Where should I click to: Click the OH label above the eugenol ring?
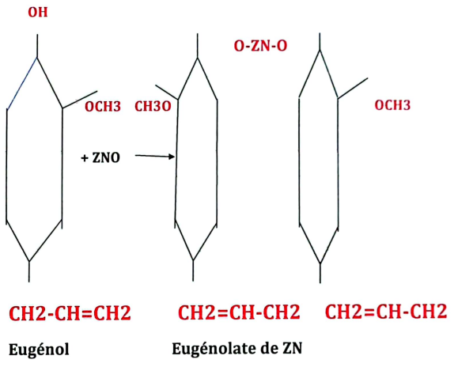(38, 13)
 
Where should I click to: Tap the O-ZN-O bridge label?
(260, 46)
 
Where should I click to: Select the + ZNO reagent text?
(100, 157)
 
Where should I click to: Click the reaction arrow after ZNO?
(155, 157)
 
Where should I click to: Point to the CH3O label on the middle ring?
(153, 107)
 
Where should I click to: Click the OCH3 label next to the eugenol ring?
(103, 107)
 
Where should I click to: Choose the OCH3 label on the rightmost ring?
(392, 105)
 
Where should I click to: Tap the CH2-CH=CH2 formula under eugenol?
(70, 313)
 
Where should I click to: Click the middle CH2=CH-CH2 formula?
(239, 312)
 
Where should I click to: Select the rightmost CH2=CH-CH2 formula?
(386, 311)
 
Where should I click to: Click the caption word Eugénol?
(39, 349)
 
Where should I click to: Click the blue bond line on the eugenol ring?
(22, 84)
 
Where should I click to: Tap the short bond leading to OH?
(37, 46)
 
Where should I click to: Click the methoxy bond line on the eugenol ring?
(80, 100)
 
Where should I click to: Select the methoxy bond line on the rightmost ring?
(353, 88)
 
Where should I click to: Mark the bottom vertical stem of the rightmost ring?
(320, 273)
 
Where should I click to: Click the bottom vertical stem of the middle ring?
(193, 271)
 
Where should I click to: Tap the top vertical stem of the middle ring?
(198, 46)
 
